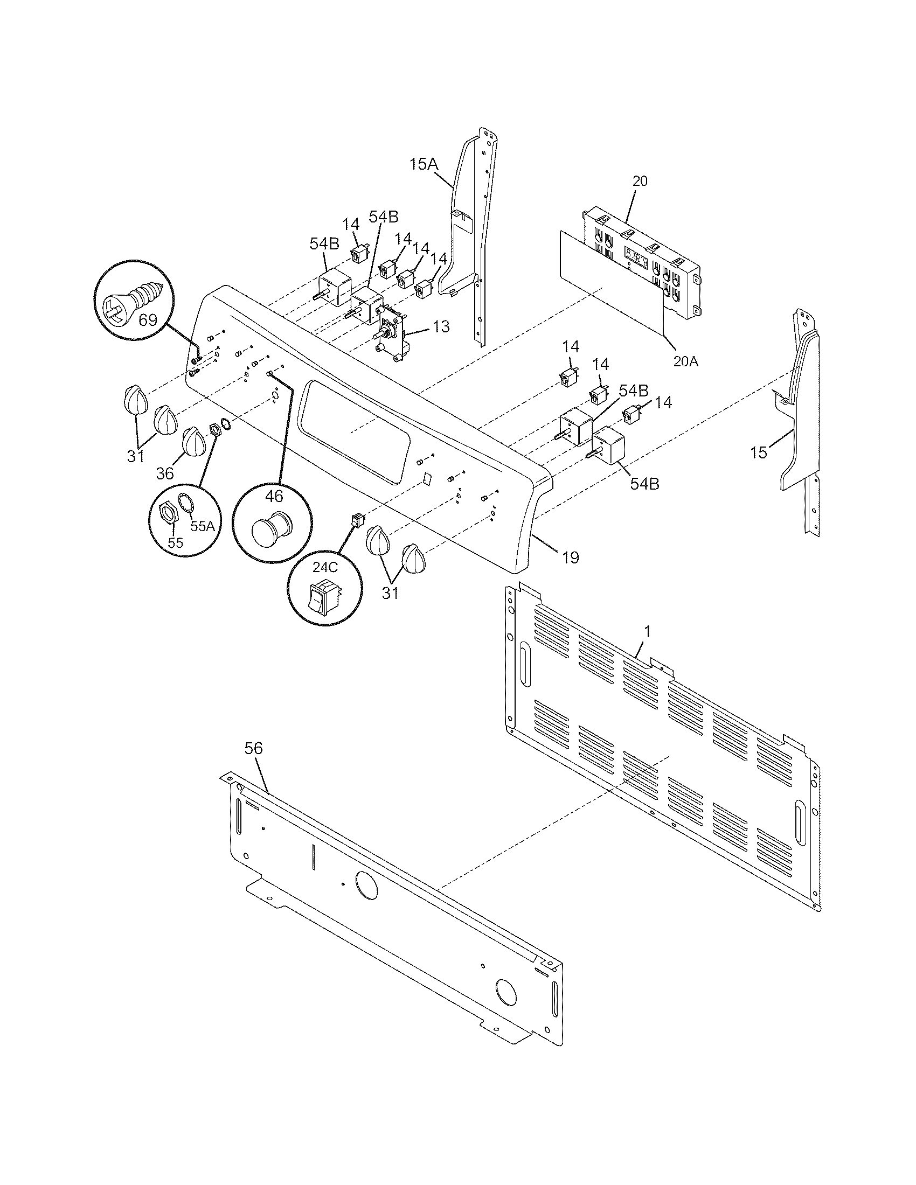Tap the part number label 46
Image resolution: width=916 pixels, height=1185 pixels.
click(274, 496)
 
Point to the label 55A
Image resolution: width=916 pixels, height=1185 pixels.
click(203, 526)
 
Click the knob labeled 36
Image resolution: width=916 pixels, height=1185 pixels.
click(193, 442)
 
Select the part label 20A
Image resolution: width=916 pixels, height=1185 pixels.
click(685, 361)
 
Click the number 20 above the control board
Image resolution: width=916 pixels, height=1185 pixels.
click(640, 181)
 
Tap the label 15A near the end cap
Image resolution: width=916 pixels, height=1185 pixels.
click(424, 164)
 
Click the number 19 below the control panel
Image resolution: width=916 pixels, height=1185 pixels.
click(570, 557)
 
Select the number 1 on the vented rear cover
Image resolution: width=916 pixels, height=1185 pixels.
click(647, 631)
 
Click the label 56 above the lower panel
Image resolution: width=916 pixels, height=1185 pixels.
click(253, 748)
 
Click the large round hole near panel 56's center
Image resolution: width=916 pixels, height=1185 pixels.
click(366, 883)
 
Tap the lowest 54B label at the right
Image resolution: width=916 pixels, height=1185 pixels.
click(644, 484)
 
